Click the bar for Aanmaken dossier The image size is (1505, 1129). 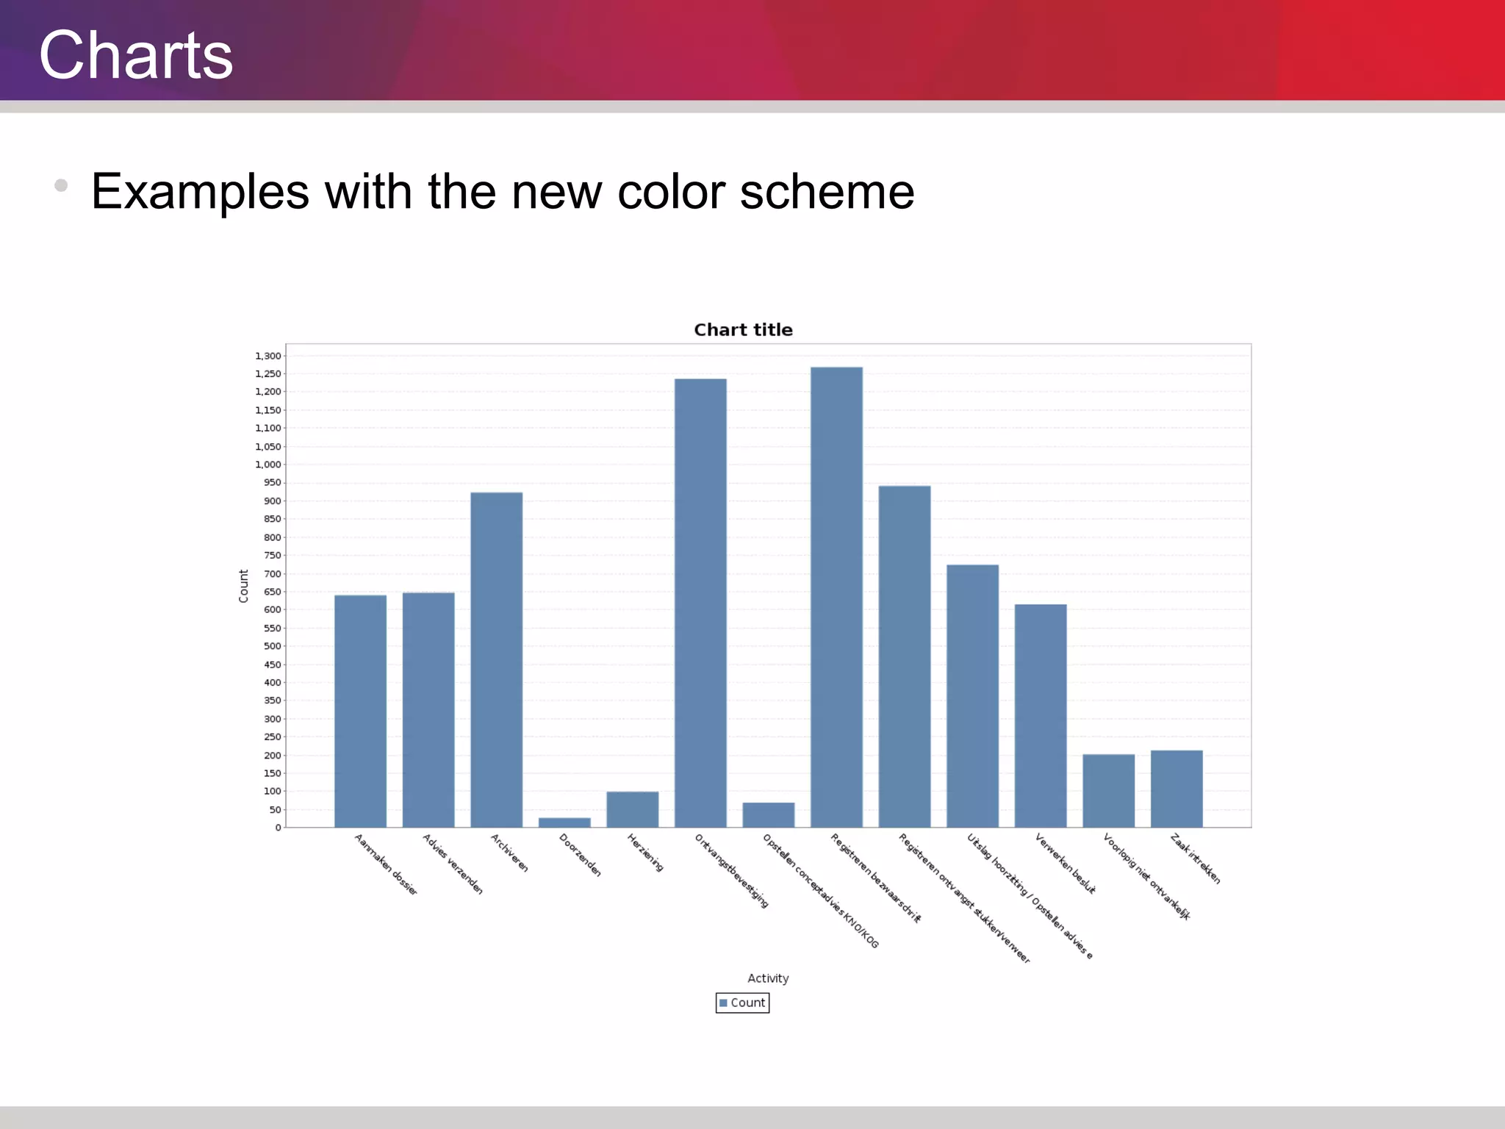point(360,711)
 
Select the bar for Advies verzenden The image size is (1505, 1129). point(428,709)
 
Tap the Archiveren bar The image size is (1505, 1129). point(497,659)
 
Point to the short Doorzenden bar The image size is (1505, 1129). point(564,822)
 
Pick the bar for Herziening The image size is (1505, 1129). point(633,809)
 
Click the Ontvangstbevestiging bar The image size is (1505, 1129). point(700,603)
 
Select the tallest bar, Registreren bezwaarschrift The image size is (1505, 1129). point(836,597)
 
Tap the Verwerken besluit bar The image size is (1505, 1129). point(1041,715)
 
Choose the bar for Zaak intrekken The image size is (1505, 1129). point(1177,789)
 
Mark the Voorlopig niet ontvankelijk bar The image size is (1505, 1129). point(1108,790)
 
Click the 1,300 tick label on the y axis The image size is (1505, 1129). point(268,356)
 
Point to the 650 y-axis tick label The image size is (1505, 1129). point(273,592)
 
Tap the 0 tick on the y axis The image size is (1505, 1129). point(279,828)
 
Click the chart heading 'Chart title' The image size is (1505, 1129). point(743,330)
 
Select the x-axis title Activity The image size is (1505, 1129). point(768,978)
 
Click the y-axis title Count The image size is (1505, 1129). point(244,586)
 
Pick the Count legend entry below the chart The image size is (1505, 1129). point(743,1003)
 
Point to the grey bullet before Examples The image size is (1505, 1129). point(61,185)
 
